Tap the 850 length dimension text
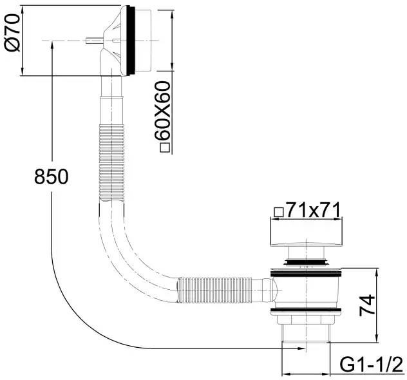[50, 176]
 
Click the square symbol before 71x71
[278, 211]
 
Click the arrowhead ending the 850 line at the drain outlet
[301, 348]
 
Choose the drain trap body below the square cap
[305, 290]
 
